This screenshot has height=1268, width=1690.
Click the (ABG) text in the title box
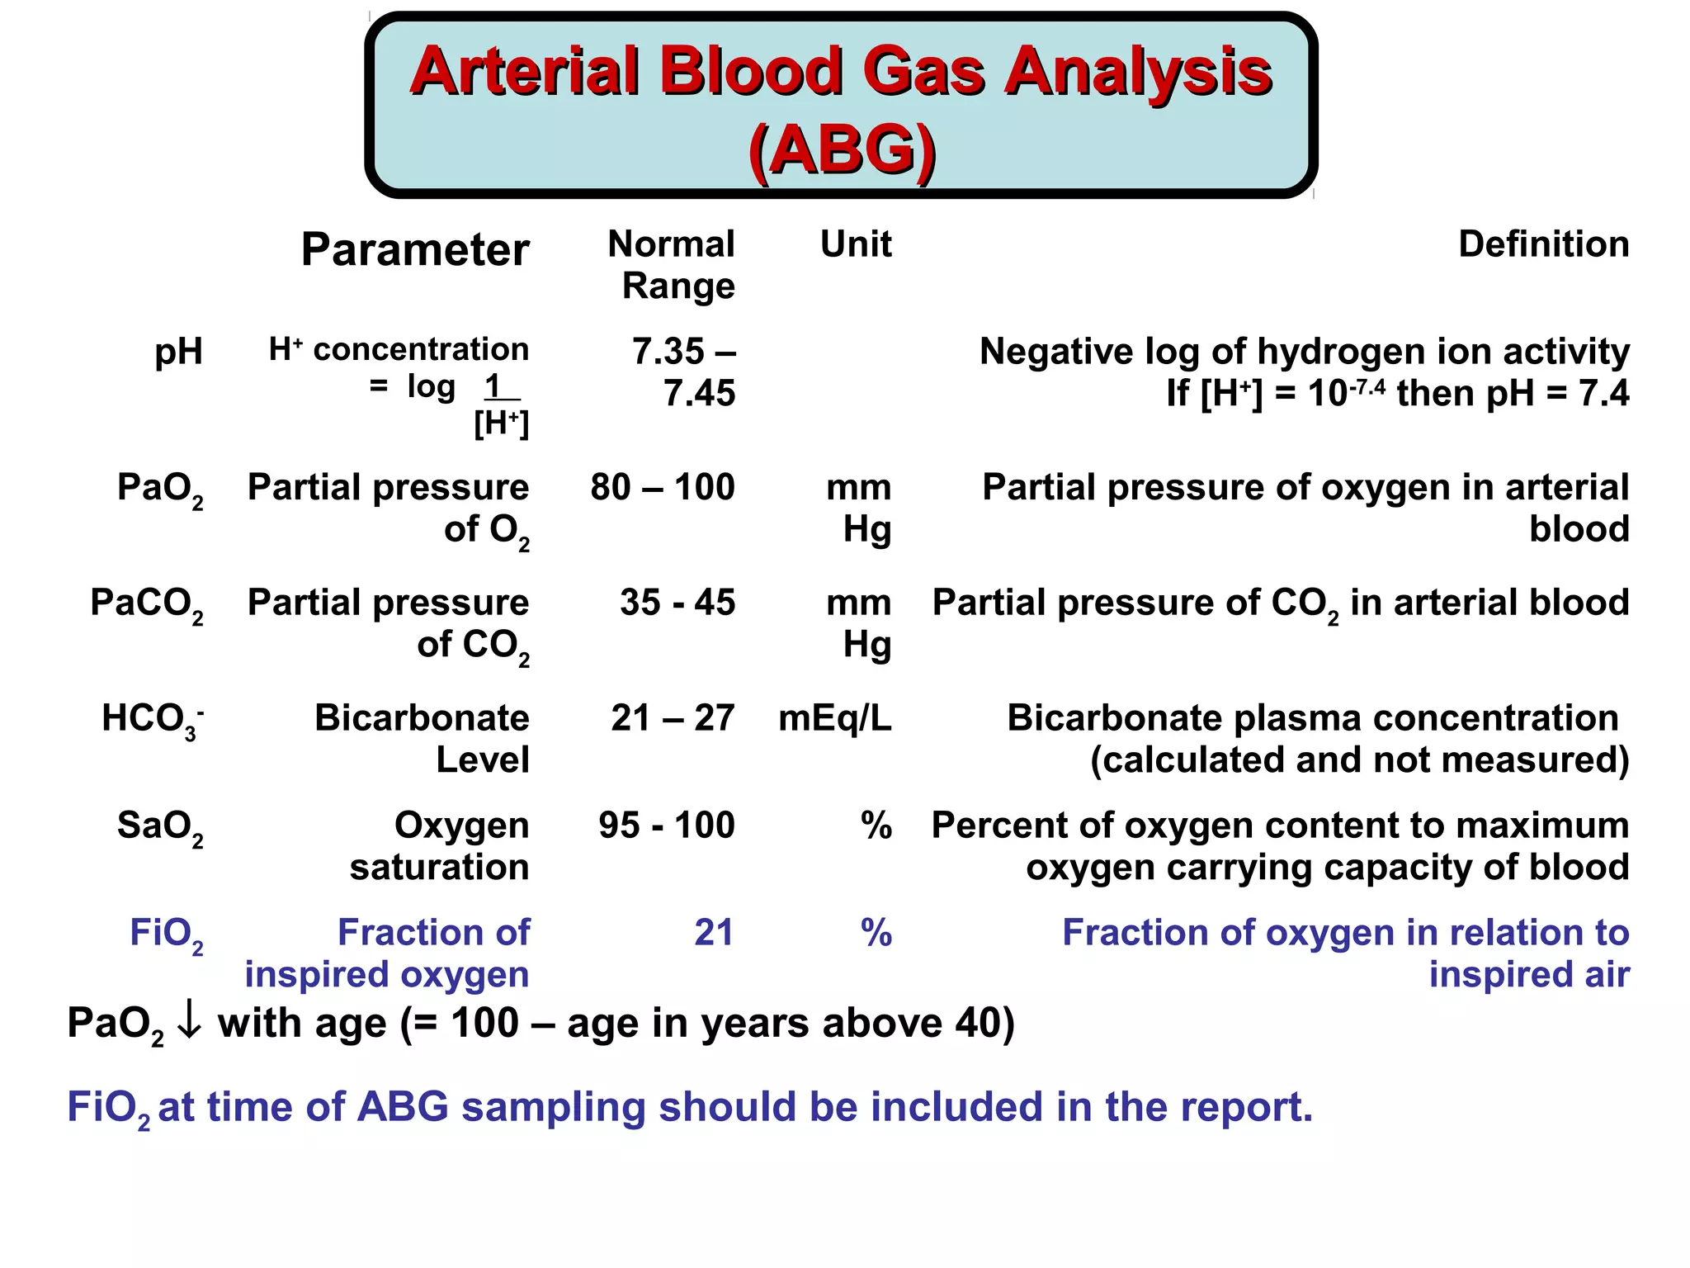[x=842, y=150]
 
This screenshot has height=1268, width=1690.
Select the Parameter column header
[x=414, y=249]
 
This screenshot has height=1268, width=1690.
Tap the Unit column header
[x=856, y=244]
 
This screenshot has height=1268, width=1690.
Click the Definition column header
[x=1543, y=244]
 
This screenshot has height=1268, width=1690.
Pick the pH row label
[x=178, y=352]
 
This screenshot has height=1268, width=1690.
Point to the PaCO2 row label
[x=147, y=604]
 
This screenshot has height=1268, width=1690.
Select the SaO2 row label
[x=160, y=827]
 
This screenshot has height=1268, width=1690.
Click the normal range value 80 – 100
[x=662, y=487]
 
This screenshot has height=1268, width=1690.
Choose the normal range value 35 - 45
[x=677, y=603]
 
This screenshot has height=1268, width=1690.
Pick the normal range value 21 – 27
[x=672, y=718]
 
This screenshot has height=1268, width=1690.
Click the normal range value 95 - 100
[x=667, y=826]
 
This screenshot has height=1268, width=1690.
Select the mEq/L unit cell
[x=834, y=718]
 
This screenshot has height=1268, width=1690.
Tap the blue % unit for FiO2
[x=876, y=933]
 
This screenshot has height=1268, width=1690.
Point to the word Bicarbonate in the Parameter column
[x=422, y=718]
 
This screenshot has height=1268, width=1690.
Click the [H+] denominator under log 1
[x=501, y=423]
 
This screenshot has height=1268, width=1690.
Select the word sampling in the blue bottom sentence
[x=553, y=1108]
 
